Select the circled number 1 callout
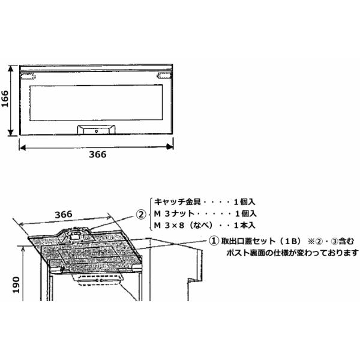point(213,241)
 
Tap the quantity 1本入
point(244,226)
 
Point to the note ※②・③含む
point(328,241)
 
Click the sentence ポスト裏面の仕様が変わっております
point(292,253)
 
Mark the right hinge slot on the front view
point(163,76)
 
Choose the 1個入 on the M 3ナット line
point(244,214)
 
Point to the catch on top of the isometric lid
point(77,233)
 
